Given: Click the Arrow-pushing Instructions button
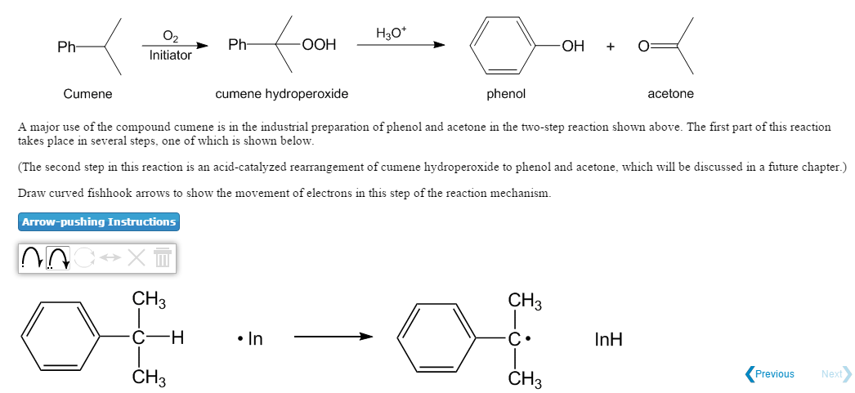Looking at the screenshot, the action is click(99, 222).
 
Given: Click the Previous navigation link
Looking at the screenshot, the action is click(770, 374).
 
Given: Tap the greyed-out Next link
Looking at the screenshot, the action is click(836, 374).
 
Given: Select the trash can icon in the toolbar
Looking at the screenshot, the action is click(163, 258).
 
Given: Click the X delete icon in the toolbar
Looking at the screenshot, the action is click(137, 258).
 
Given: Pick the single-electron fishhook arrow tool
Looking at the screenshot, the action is click(32, 258).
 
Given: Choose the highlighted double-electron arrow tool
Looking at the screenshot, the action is click(58, 258).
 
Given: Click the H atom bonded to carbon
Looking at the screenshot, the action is click(177, 338).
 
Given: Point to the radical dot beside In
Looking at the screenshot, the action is click(240, 339).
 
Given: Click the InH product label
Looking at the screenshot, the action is click(608, 340).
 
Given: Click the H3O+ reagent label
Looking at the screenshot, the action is click(391, 33).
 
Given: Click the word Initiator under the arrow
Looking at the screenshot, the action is click(171, 55).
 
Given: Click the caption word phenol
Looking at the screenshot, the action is click(506, 94).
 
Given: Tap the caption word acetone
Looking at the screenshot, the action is click(671, 94).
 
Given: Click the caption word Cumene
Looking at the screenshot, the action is click(87, 94).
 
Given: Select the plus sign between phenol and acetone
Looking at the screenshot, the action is click(610, 47).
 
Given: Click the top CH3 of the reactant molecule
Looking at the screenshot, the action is click(149, 301).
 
